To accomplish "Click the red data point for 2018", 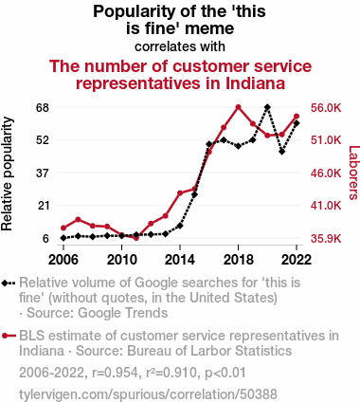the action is click(239, 107).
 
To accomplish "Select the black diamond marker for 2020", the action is click(267, 107).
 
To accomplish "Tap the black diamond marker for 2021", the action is click(282, 152).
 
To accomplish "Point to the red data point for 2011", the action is click(136, 238).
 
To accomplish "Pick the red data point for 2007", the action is click(78, 220).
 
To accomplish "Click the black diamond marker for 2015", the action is click(194, 194).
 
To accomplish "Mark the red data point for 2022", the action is click(297, 117).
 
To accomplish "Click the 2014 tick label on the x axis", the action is click(180, 260).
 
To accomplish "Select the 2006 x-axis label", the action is click(63, 260).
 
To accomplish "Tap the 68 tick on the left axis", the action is click(44, 108).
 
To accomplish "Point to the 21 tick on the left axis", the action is click(44, 206).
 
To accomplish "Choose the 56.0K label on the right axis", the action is click(326, 108).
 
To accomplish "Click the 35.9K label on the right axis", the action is click(326, 238).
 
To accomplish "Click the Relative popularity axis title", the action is click(7, 174).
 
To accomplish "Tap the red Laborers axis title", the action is click(353, 173).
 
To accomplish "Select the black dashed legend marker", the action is click(9, 283).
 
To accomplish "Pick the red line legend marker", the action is click(9, 336).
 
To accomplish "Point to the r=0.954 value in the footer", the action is click(115, 373).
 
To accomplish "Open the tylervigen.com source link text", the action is click(148, 394).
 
